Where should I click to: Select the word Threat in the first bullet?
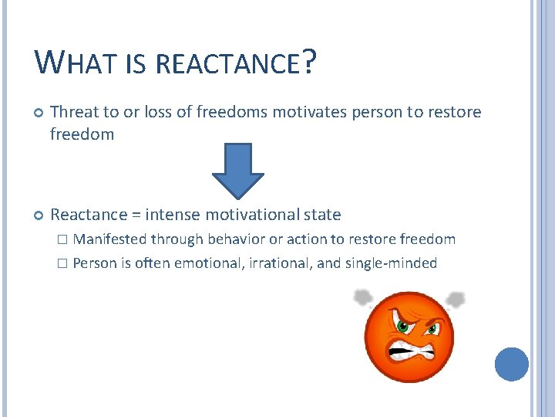(73, 112)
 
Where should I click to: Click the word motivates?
(305, 112)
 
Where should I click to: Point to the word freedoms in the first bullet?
(229, 112)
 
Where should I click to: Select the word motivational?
(254, 214)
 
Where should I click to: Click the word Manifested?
(110, 239)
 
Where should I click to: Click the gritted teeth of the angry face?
(409, 351)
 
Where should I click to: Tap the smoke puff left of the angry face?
(363, 297)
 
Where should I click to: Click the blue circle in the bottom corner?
(512, 364)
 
